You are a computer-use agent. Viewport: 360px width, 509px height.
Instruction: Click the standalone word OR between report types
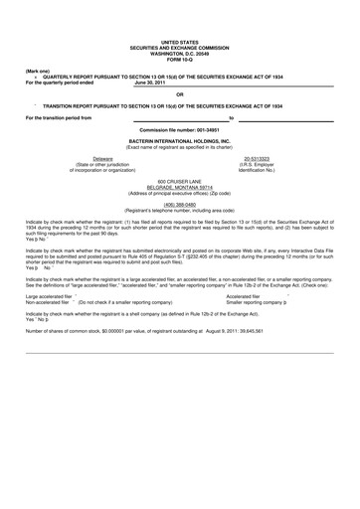pos(180,93)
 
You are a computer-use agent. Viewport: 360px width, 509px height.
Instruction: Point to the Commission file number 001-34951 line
pos(180,130)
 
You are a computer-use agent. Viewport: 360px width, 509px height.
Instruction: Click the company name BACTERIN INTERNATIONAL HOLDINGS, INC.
pos(180,141)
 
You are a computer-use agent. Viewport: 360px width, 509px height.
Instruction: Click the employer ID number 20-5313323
pos(259,158)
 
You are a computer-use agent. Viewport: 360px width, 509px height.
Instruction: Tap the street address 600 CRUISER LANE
pos(180,180)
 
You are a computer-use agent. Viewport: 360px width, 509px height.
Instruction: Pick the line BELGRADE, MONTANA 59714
pos(180,186)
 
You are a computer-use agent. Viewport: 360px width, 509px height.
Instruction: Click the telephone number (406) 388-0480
pos(180,202)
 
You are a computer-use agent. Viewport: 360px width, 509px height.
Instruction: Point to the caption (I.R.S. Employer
pos(259,164)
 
